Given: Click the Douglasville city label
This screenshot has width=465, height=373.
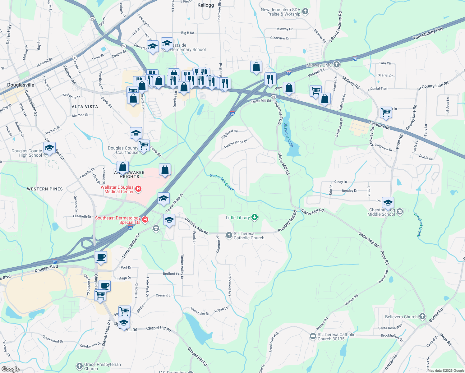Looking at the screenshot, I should click(21, 85).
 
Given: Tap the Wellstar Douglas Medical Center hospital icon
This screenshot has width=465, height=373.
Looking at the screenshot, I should click(139, 189).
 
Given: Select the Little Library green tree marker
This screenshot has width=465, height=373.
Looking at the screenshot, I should click(255, 217).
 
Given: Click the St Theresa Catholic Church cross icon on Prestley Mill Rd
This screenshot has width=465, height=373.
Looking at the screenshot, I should click(229, 235).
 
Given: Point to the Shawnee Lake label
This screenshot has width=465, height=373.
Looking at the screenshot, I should click(288, 135).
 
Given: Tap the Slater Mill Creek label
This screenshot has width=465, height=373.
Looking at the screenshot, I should click(222, 182).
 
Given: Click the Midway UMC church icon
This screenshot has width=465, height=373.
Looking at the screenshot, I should click(336, 64).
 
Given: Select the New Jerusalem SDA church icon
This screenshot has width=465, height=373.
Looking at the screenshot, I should click(305, 12).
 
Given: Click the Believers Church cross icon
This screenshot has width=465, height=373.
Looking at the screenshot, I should click(422, 316).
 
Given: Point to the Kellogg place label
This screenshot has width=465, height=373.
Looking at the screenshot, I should click(205, 5).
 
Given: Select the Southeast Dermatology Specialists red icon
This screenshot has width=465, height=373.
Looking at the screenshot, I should click(145, 220).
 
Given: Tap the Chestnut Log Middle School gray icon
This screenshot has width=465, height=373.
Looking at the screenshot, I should click(400, 212).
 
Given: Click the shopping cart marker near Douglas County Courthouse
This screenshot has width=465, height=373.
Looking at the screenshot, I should click(144, 145).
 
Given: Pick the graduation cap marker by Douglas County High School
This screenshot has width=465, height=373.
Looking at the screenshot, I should click(49, 148).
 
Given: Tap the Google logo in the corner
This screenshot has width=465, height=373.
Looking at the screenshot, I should click(10, 369).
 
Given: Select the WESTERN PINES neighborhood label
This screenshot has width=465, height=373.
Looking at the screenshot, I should click(45, 189).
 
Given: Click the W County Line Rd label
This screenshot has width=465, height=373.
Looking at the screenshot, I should click(433, 85).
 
